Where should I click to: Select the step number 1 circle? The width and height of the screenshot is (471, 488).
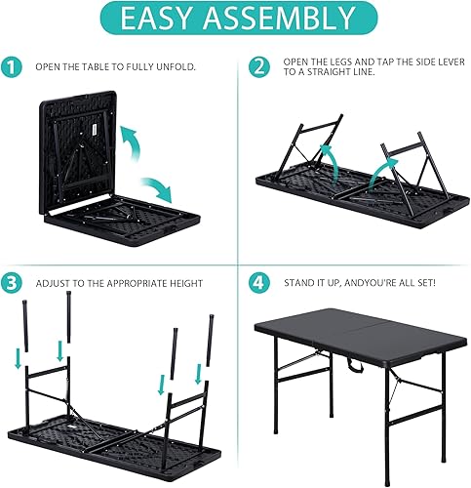pyautogui.click(x=12, y=67)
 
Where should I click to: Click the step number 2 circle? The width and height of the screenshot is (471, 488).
pyautogui.click(x=258, y=67)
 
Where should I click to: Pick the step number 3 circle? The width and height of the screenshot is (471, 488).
pyautogui.click(x=12, y=282)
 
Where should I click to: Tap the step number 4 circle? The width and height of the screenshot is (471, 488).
pyautogui.click(x=258, y=282)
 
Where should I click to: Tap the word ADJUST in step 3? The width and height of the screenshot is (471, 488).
pyautogui.click(x=55, y=283)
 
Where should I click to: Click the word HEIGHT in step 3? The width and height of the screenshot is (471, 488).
pyautogui.click(x=183, y=283)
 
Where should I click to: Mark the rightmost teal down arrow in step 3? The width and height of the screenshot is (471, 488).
pyautogui.click(x=199, y=374)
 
